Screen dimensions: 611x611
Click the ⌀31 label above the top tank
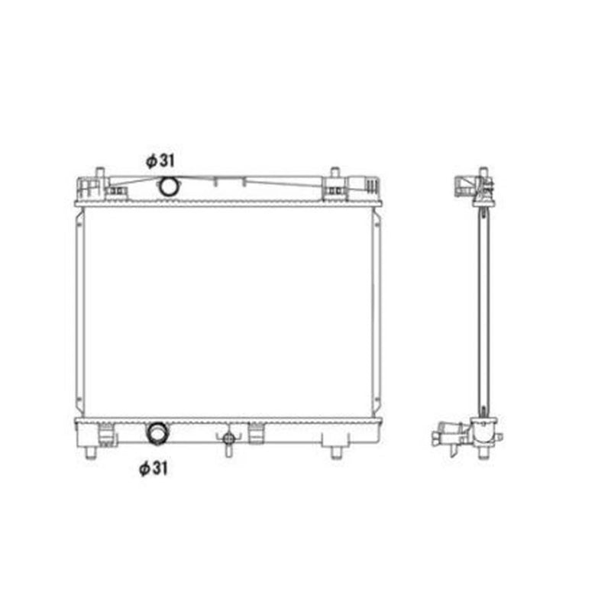click(160, 160)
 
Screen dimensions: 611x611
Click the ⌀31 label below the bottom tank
click(154, 468)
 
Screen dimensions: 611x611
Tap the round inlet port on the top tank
click(169, 186)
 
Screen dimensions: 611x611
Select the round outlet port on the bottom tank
click(157, 433)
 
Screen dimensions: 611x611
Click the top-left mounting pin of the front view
click(100, 173)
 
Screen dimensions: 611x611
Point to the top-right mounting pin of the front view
click(335, 173)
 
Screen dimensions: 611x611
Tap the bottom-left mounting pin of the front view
click(91, 453)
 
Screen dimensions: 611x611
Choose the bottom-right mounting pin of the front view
click(336, 453)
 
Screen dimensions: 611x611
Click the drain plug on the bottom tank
click(228, 440)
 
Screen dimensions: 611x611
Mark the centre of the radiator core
click(228, 312)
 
